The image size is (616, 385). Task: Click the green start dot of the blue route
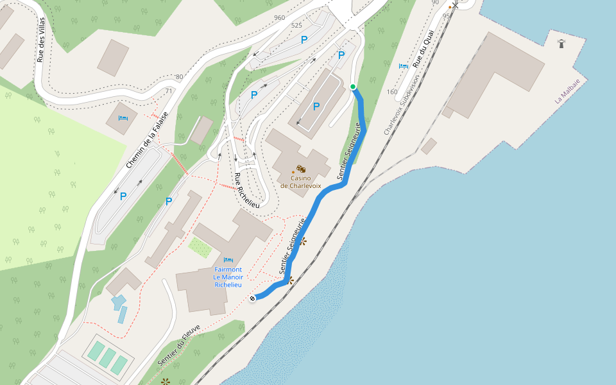click(x=353, y=87)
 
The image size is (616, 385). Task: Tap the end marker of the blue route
click(x=253, y=298)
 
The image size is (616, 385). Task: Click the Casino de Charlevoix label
click(x=300, y=182)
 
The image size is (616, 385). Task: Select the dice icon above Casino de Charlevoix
click(x=300, y=169)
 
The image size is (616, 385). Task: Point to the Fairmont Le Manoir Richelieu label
click(x=228, y=277)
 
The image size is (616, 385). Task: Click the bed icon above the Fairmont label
click(x=228, y=260)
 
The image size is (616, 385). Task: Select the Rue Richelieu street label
click(x=246, y=190)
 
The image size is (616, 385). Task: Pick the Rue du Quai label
click(x=424, y=48)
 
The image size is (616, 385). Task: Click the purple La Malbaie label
click(x=568, y=90)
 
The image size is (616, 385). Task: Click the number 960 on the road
click(x=279, y=17)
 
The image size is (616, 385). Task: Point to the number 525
click(x=296, y=25)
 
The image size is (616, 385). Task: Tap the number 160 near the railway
click(x=391, y=91)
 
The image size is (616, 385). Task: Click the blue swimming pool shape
click(x=119, y=307)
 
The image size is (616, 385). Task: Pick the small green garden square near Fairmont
click(x=200, y=247)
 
